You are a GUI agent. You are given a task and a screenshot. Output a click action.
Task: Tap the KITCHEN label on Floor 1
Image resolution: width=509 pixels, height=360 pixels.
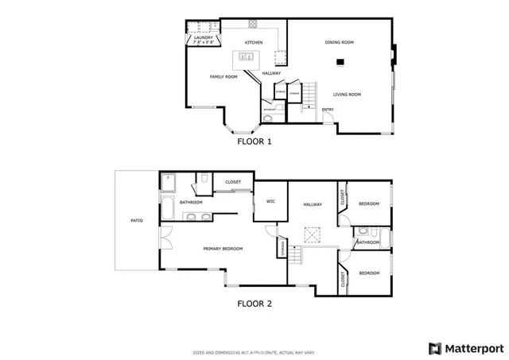pyautogui.click(x=254, y=42)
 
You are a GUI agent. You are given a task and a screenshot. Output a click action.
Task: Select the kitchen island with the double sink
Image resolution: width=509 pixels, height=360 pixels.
pyautogui.click(x=245, y=57)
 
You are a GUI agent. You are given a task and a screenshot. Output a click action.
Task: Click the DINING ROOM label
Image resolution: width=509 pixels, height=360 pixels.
pyautogui.click(x=339, y=42)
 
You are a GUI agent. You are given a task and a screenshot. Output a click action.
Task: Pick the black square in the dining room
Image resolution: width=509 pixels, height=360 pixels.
pyautogui.click(x=340, y=61)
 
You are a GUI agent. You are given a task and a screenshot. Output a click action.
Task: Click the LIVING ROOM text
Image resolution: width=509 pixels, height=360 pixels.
pyautogui.click(x=347, y=95)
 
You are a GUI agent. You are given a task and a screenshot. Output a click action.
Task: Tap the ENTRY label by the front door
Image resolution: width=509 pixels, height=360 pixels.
pyautogui.click(x=328, y=110)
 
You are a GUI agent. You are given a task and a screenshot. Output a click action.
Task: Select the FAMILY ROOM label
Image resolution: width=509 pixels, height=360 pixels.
pyautogui.click(x=223, y=77)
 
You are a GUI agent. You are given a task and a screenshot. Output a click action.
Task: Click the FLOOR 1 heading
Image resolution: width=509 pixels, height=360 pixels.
pyautogui.click(x=254, y=142)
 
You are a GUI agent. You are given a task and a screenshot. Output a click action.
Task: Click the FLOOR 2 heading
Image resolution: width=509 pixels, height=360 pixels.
pyautogui.click(x=254, y=303)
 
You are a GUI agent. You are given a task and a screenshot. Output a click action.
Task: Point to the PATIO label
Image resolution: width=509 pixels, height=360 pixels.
pyautogui.click(x=137, y=220)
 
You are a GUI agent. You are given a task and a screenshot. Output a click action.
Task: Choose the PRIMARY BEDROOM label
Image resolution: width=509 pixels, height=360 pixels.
pyautogui.click(x=223, y=249)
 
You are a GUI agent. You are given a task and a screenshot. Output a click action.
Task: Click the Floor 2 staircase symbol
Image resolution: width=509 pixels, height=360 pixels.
pyautogui.click(x=296, y=256)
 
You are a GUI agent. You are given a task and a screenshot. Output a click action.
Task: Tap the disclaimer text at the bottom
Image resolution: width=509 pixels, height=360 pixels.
pyautogui.click(x=254, y=352)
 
